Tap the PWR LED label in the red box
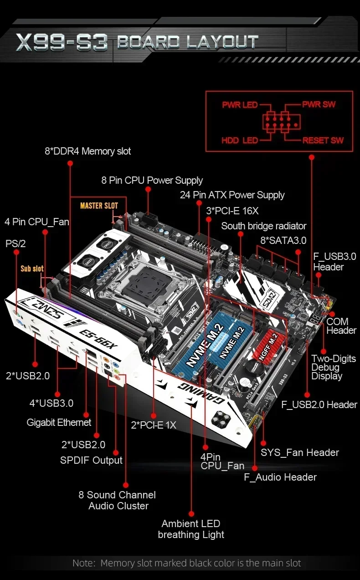[240, 105]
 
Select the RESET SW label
[323, 140]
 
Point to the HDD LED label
[240, 140]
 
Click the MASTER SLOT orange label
[99, 206]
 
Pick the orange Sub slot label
[32, 269]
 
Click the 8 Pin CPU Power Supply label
[152, 180]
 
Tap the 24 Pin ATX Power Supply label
[232, 195]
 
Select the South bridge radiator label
[263, 226]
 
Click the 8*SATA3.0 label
[283, 240]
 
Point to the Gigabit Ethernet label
[59, 422]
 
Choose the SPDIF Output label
[91, 460]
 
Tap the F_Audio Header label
[280, 477]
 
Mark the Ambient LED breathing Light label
[191, 529]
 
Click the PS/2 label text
[15, 243]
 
